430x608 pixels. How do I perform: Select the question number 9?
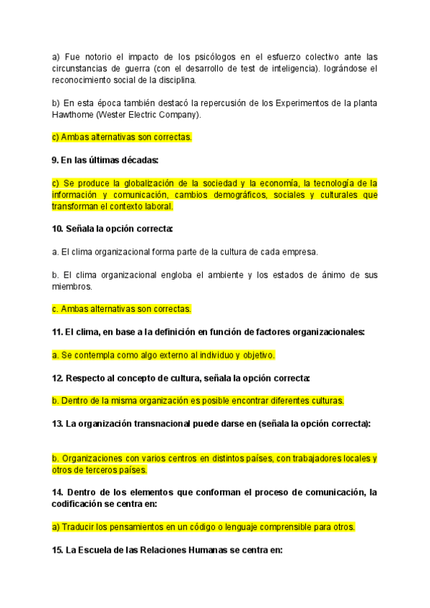point(55,159)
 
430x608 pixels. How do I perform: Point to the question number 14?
point(58,492)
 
